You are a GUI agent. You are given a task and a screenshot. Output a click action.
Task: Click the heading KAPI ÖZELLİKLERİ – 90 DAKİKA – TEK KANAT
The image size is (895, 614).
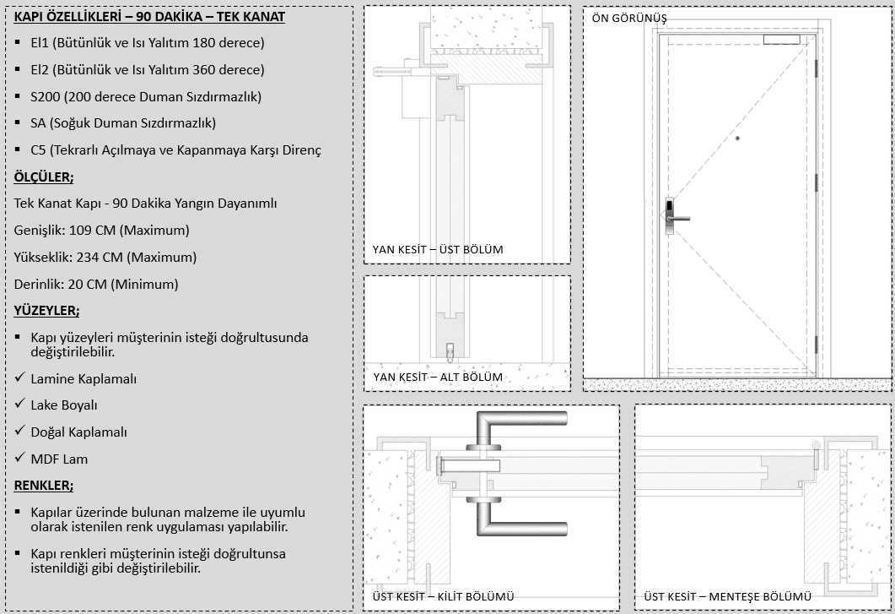pyautogui.click(x=149, y=17)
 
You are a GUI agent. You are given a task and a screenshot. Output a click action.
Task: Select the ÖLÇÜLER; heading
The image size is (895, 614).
pyautogui.click(x=43, y=177)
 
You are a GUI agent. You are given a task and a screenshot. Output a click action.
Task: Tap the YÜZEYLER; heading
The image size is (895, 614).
pyautogui.click(x=46, y=311)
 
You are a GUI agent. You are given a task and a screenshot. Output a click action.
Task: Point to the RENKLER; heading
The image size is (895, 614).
pyautogui.click(x=43, y=486)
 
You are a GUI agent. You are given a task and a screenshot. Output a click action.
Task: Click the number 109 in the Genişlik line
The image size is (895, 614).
pyautogui.click(x=80, y=231)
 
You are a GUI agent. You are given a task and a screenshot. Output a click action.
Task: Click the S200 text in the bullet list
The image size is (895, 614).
pyautogui.click(x=46, y=96)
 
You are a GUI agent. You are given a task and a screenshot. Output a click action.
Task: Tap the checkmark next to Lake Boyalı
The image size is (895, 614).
pyautogui.click(x=20, y=405)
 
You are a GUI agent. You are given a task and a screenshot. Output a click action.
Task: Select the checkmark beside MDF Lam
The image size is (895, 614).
pyautogui.click(x=20, y=458)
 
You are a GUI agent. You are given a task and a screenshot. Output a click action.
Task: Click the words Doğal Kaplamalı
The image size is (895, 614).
pyautogui.click(x=78, y=432)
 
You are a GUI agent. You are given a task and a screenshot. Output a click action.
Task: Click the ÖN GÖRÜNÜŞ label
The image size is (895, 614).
pyautogui.click(x=629, y=19)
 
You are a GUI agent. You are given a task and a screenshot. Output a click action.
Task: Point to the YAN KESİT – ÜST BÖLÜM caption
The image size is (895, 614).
pyautogui.click(x=438, y=249)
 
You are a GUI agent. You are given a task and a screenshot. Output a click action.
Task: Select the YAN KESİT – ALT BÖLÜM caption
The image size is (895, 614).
pyautogui.click(x=438, y=377)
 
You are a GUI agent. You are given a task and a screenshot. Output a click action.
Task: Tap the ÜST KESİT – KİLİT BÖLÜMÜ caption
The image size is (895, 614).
pyautogui.click(x=444, y=597)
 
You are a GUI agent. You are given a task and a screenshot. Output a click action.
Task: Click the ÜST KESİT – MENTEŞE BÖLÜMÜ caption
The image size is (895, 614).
pyautogui.click(x=728, y=597)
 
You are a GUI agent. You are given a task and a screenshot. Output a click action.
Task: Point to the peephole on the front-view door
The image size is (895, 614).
pyautogui.click(x=737, y=139)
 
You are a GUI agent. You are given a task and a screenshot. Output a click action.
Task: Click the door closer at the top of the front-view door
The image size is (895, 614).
pyautogui.click(x=781, y=39)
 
